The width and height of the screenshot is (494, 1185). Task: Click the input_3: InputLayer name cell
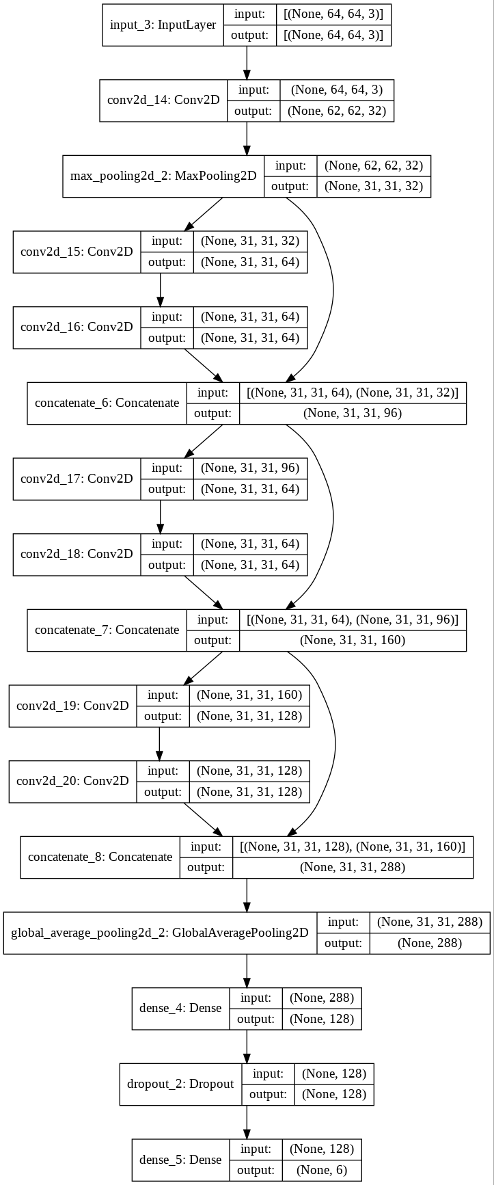pyautogui.click(x=163, y=25)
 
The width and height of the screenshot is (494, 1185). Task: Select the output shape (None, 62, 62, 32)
pyautogui.click(x=337, y=111)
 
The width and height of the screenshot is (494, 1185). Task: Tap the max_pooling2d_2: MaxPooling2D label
pyautogui.click(x=163, y=176)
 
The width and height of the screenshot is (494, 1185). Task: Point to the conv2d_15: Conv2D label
pyautogui.click(x=77, y=251)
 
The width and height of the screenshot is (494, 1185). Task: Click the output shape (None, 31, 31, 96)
pyautogui.click(x=353, y=413)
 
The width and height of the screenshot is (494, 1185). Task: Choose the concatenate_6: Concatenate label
pyautogui.click(x=107, y=403)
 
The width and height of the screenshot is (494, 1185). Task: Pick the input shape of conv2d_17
pyautogui.click(x=250, y=468)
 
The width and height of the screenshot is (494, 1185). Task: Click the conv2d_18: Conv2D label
pyautogui.click(x=77, y=554)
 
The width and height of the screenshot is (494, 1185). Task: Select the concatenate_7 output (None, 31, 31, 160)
pyautogui.click(x=353, y=640)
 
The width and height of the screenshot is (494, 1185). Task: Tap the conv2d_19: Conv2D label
pyautogui.click(x=72, y=705)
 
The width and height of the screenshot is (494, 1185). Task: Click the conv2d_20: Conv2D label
pyautogui.click(x=72, y=781)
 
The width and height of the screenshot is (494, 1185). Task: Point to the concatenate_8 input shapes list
pyautogui.click(x=353, y=846)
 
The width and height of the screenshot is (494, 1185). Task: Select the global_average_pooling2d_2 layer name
pyautogui.click(x=160, y=932)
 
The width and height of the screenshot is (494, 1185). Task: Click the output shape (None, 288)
pyautogui.click(x=430, y=943)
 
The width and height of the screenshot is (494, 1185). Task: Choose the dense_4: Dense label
pyautogui.click(x=180, y=1008)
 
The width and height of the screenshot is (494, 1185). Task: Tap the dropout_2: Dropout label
pyautogui.click(x=180, y=1084)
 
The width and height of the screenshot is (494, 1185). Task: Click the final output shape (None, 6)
pyautogui.click(x=322, y=1170)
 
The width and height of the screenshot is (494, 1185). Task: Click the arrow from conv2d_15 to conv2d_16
pyautogui.click(x=161, y=290)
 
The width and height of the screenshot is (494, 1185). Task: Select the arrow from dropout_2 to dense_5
pyautogui.click(x=247, y=1121)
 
